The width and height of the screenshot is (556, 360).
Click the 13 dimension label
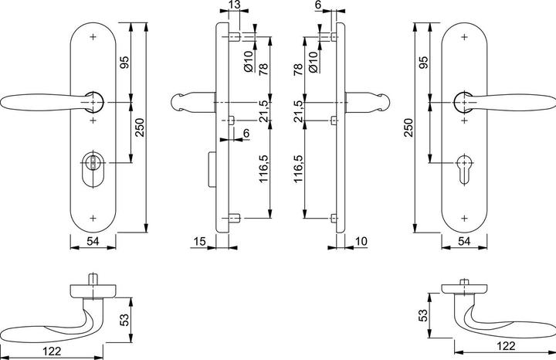[235, 5]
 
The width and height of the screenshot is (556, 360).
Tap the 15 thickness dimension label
[200, 242]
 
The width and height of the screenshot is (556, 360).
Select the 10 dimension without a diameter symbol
[361, 242]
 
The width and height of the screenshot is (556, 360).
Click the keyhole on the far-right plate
[464, 170]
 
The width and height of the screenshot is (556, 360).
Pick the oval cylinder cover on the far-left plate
[93, 169]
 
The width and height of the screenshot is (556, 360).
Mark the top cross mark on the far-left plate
[93, 36]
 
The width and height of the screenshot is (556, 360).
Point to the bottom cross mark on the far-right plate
[465, 218]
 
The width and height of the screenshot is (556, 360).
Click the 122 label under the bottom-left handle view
[53, 352]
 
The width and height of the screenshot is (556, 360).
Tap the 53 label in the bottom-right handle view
[423, 315]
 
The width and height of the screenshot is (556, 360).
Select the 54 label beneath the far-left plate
[93, 242]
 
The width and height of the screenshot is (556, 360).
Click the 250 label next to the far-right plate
[409, 127]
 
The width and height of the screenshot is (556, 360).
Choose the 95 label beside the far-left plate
[124, 63]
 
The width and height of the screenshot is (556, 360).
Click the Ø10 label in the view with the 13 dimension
[249, 61]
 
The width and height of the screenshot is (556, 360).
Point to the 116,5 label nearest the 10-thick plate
[298, 168]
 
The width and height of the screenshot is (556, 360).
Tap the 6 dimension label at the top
[317, 5]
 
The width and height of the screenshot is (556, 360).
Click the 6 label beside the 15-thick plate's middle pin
[246, 133]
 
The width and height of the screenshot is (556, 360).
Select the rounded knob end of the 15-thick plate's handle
[178, 102]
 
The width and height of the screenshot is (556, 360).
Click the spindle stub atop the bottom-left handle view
[93, 278]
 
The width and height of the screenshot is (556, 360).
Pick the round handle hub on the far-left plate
[94, 102]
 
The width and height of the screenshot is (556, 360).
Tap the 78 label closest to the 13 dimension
[263, 70]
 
